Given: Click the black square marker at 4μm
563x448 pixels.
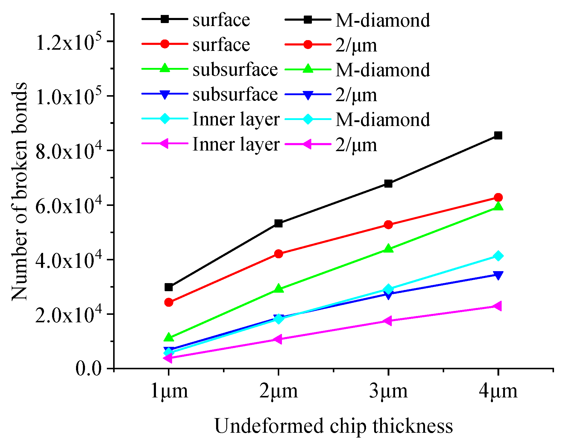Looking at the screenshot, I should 498,136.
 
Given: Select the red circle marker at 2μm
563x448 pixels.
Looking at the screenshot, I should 278,254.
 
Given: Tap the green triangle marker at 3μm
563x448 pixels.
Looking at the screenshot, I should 388,248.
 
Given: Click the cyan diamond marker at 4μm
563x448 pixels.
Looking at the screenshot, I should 498,256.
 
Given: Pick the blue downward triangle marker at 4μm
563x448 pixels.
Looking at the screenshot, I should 498,275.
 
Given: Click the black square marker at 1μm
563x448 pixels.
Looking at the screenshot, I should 169,287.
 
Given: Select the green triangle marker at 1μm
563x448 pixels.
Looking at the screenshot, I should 169,337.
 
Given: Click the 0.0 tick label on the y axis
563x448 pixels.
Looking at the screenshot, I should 89,369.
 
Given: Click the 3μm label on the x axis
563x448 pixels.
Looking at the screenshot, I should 388,391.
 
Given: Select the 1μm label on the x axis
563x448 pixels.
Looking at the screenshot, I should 169,391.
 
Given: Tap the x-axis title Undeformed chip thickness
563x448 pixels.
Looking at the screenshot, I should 333,426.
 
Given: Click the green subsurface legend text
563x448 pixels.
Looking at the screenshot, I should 235,70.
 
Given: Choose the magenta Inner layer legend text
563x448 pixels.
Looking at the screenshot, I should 236,144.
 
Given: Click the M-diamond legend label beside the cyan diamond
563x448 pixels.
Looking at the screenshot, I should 383,119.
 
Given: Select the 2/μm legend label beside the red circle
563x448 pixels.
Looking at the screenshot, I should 356,45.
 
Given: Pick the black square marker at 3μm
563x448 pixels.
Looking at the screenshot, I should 388,183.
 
